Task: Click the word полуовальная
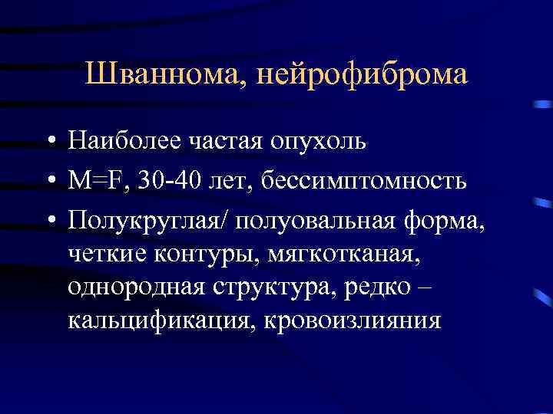coord(315,219)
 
